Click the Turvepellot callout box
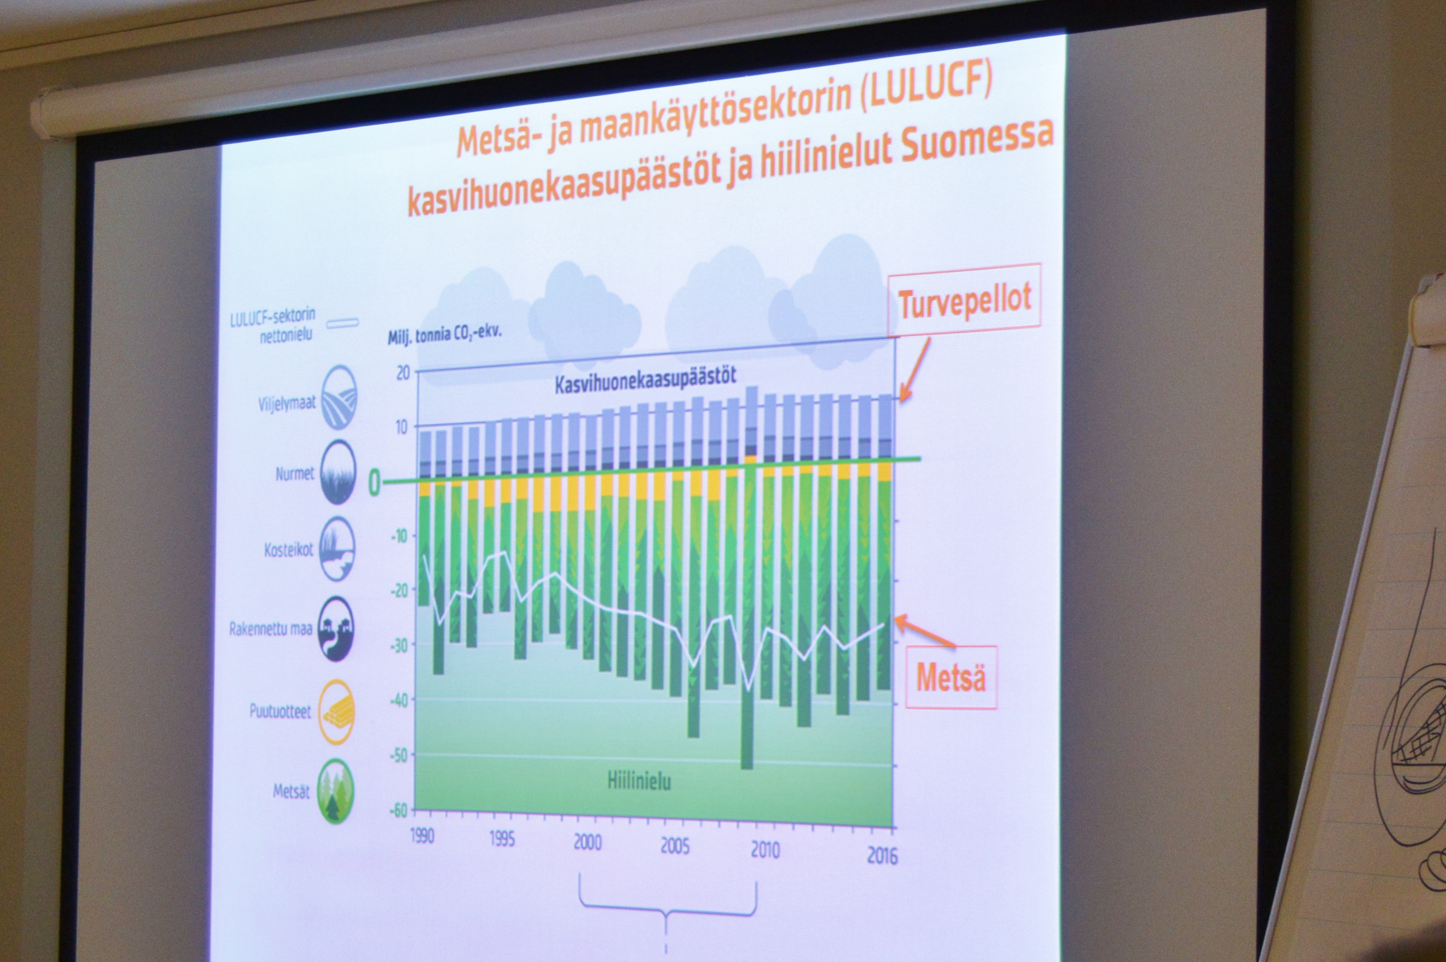point(964,301)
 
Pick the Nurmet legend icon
point(338,472)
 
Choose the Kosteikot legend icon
point(338,548)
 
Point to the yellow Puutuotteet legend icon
point(337,712)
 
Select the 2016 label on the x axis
point(882,856)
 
